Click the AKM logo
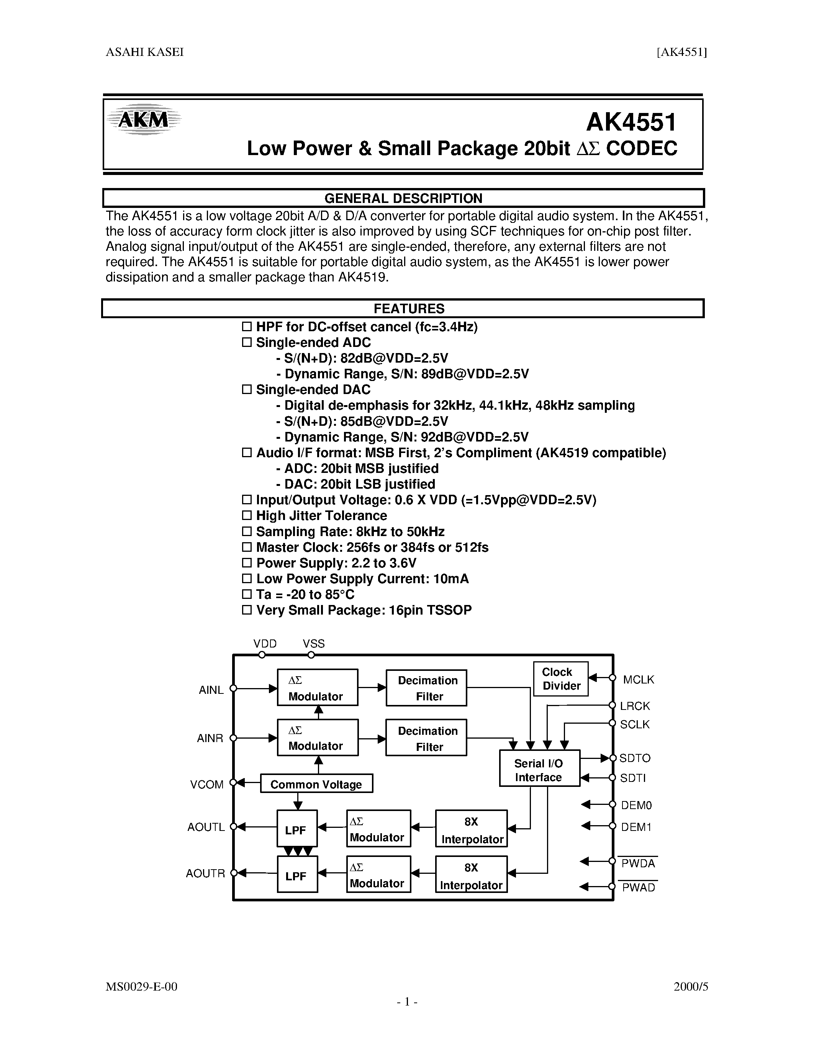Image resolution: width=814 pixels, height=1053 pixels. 144,119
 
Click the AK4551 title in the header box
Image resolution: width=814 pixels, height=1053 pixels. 631,123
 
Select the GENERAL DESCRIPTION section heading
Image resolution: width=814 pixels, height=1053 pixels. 403,198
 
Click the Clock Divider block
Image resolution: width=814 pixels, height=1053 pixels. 561,679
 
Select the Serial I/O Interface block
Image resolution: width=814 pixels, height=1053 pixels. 539,770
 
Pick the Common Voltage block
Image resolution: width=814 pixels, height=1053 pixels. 316,785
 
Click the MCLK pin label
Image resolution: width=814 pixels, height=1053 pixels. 639,680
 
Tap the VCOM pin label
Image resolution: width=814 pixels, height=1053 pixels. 207,785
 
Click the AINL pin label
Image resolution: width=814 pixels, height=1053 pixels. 211,690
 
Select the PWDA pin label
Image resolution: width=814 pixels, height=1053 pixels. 638,863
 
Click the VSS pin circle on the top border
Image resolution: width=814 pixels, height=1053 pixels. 311,655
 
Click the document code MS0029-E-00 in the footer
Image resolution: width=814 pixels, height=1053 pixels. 141,986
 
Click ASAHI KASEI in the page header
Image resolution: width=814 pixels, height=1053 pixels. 145,52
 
